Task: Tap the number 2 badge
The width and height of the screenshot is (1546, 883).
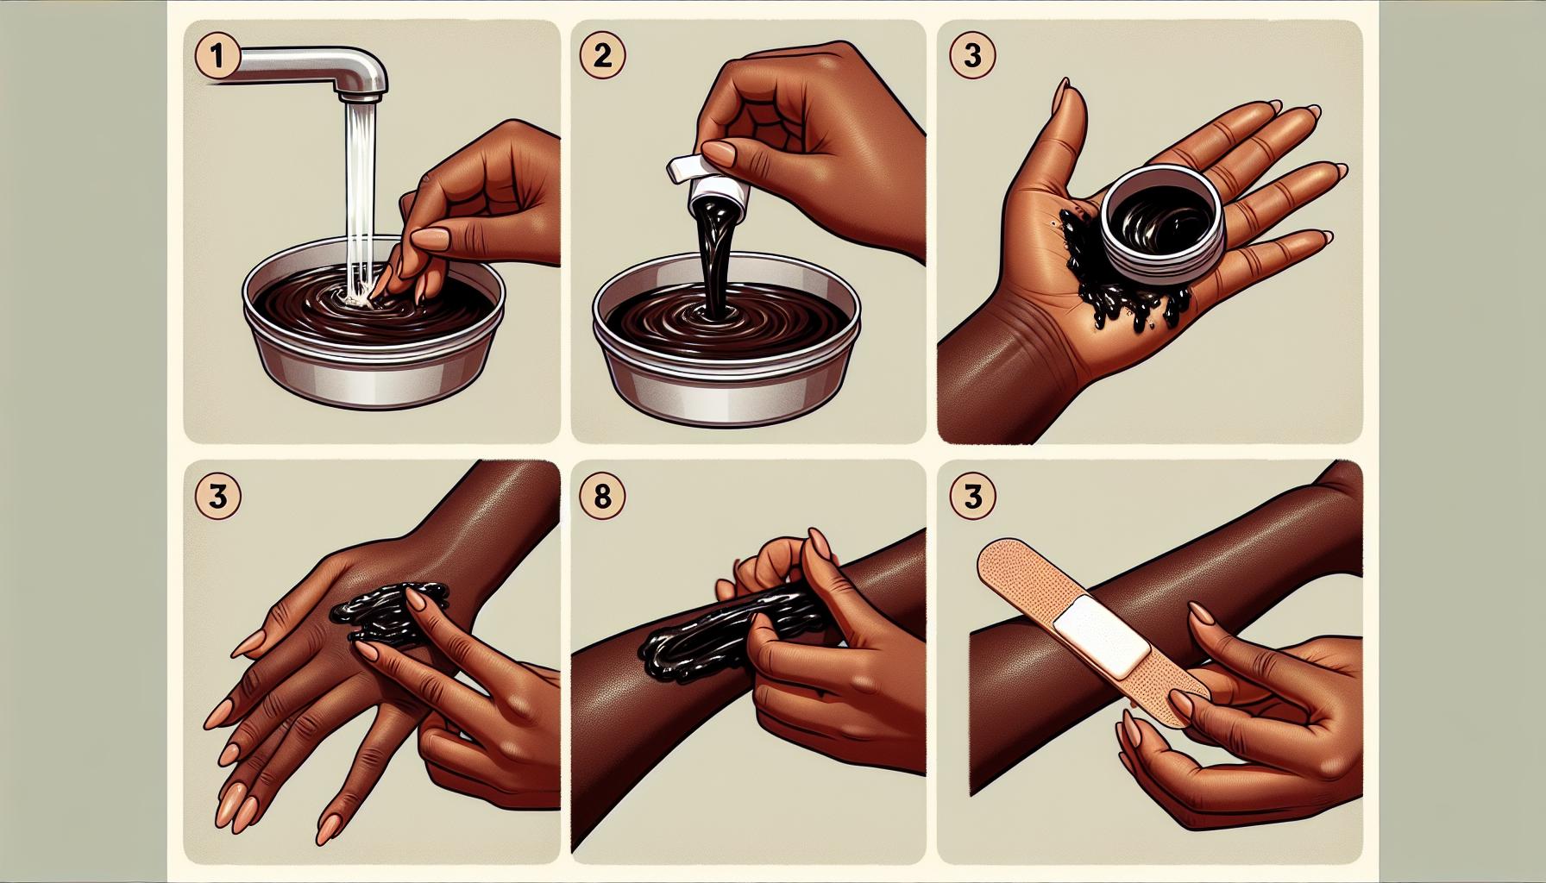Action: click(x=602, y=56)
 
